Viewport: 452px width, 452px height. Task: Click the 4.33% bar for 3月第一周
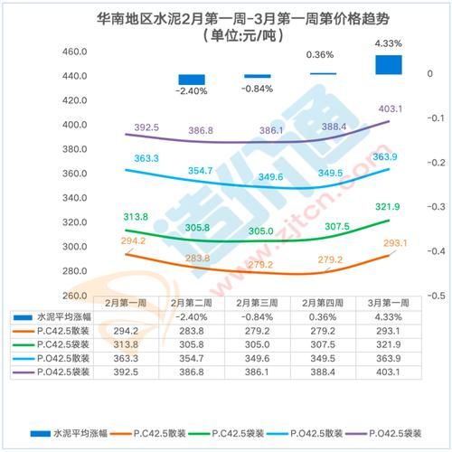[389, 64]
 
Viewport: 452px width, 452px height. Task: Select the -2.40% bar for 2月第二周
[192, 80]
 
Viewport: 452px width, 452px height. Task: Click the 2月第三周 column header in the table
[258, 302]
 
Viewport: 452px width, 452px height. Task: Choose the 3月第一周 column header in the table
[388, 302]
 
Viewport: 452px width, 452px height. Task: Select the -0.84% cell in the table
[258, 316]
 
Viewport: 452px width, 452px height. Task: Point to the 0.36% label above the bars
[321, 55]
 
